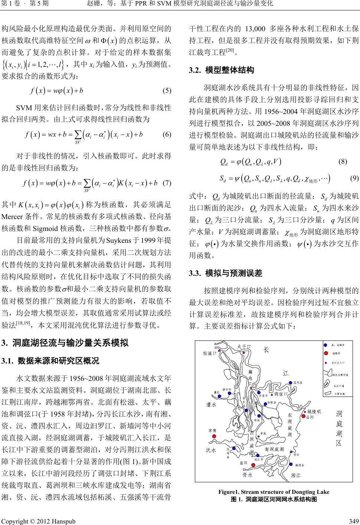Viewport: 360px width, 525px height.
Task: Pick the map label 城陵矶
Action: click(314, 411)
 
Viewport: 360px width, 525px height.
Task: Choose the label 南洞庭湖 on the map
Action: click(274, 449)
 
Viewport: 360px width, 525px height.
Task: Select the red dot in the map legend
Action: click(326, 353)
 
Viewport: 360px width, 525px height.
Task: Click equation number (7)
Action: click(167, 182)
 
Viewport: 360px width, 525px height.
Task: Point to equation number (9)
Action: click(354, 178)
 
